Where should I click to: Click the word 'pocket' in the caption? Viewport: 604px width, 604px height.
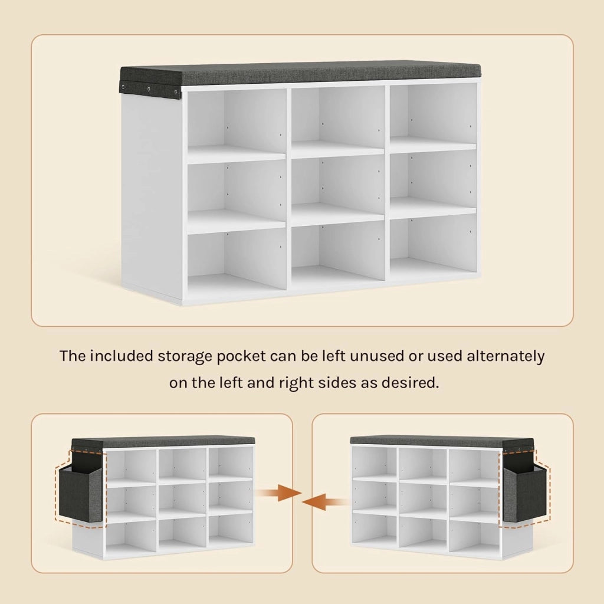pyautogui.click(x=241, y=356)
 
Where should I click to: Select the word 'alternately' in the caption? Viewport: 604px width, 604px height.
pyautogui.click(x=505, y=356)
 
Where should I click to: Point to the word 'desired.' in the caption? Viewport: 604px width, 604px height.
pyautogui.click(x=410, y=383)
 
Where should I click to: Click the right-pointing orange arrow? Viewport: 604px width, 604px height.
pyautogui.click(x=280, y=493)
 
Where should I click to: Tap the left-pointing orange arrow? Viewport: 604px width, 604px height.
pyautogui.click(x=325, y=502)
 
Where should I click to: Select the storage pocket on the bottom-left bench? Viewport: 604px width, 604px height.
pyautogui.click(x=80, y=493)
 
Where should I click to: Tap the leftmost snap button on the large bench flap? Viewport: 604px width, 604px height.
pyautogui.click(x=123, y=86)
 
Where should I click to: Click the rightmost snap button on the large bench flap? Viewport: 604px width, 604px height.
pyautogui.click(x=176, y=92)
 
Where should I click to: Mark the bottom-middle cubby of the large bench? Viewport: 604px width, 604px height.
pyautogui.click(x=338, y=254)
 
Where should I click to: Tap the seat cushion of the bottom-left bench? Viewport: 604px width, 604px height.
pyautogui.click(x=163, y=442)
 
